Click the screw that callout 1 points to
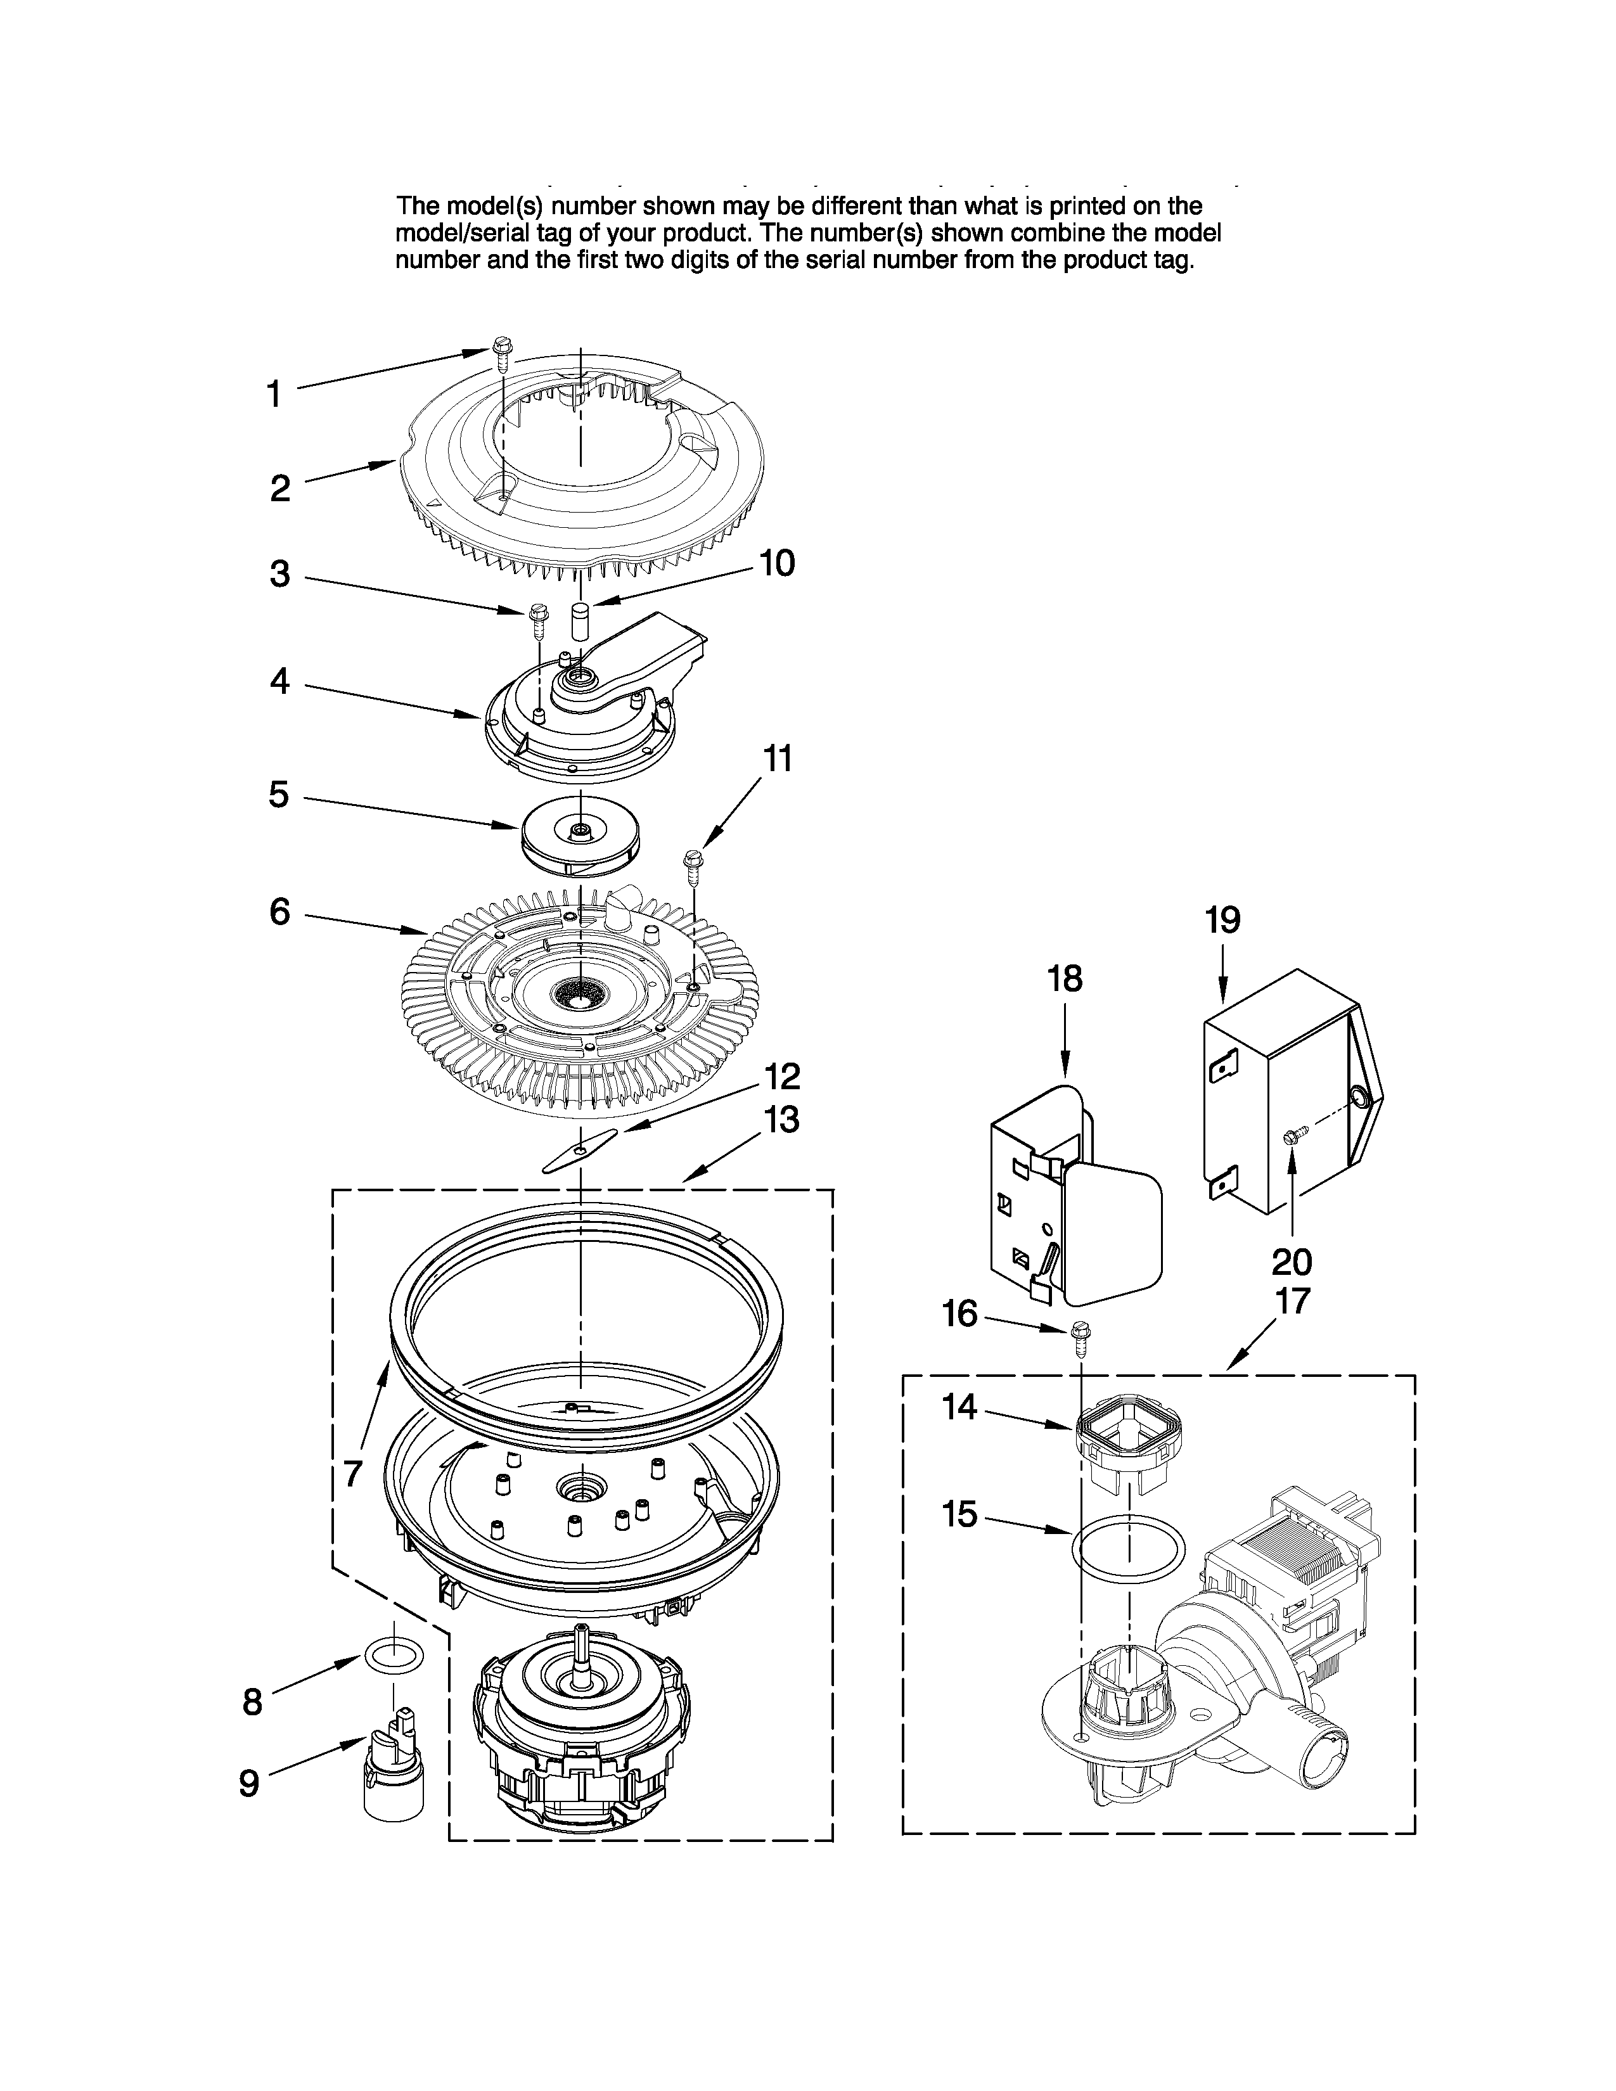coord(502,350)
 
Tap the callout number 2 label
coord(279,489)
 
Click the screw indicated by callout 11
coord(692,866)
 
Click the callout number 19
coord(1222,920)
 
